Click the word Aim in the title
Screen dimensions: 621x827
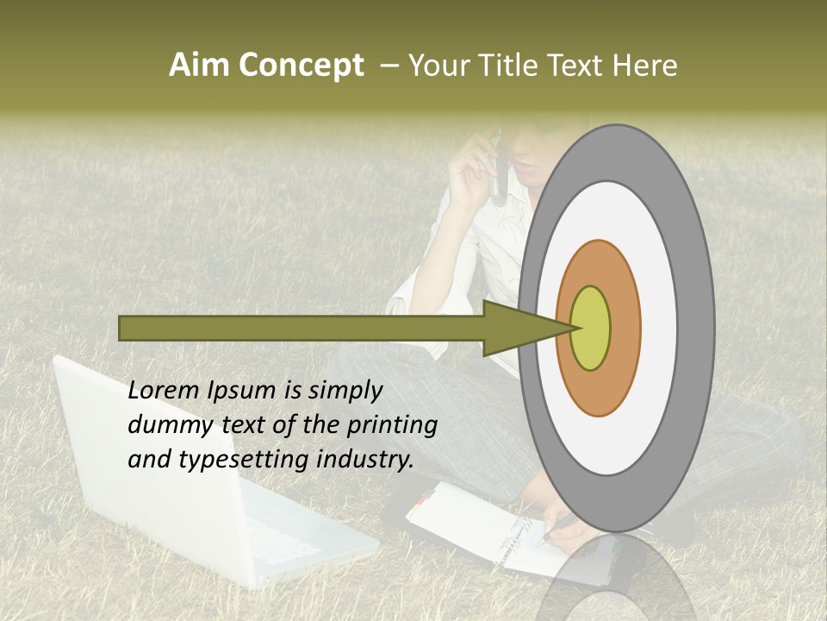click(200, 66)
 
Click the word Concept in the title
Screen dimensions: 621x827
click(301, 66)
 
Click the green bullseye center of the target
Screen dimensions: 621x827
click(590, 328)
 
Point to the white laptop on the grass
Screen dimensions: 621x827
click(190, 483)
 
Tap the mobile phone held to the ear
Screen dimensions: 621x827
click(499, 168)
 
